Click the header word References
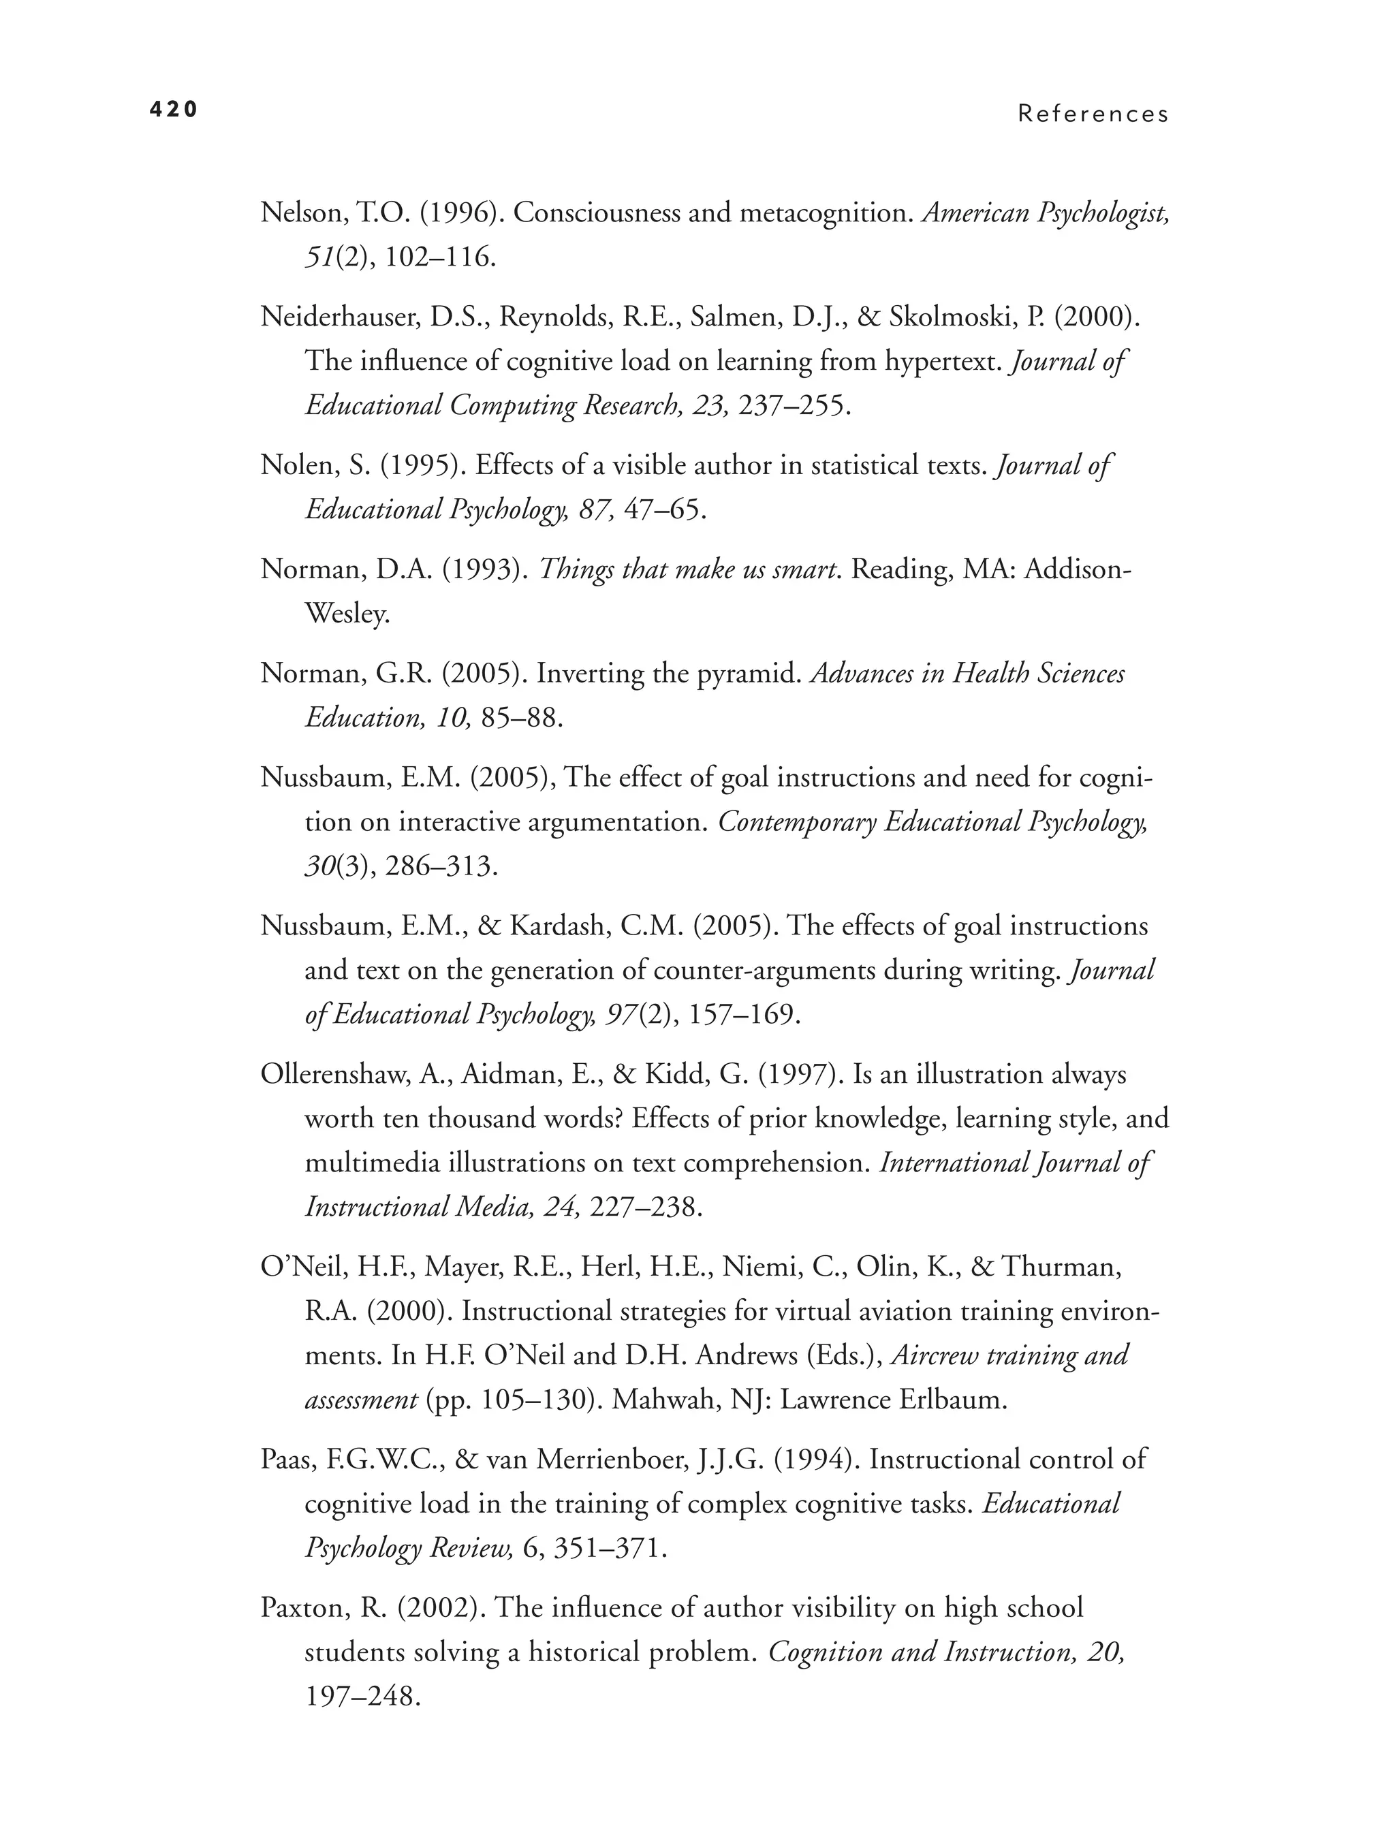pyautogui.click(x=1093, y=114)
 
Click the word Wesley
pyautogui.click(x=347, y=614)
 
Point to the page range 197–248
pyautogui.click(x=360, y=1697)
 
